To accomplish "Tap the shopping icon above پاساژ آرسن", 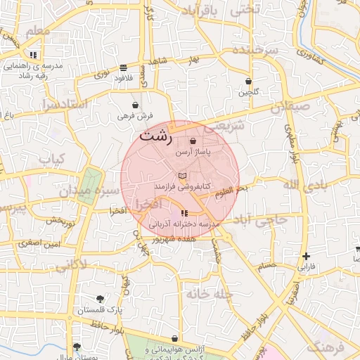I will [x=193, y=141].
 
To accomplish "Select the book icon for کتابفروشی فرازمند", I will [x=182, y=175].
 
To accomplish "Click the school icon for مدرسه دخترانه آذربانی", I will [x=184, y=213].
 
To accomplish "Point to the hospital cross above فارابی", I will [x=305, y=257].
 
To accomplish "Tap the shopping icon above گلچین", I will [x=248, y=82].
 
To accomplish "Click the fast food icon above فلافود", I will [x=124, y=68].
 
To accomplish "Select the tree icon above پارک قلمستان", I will [x=100, y=299].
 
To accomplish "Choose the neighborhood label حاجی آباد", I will [x=262, y=221].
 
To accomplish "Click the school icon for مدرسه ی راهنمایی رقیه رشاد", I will [x=33, y=55].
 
